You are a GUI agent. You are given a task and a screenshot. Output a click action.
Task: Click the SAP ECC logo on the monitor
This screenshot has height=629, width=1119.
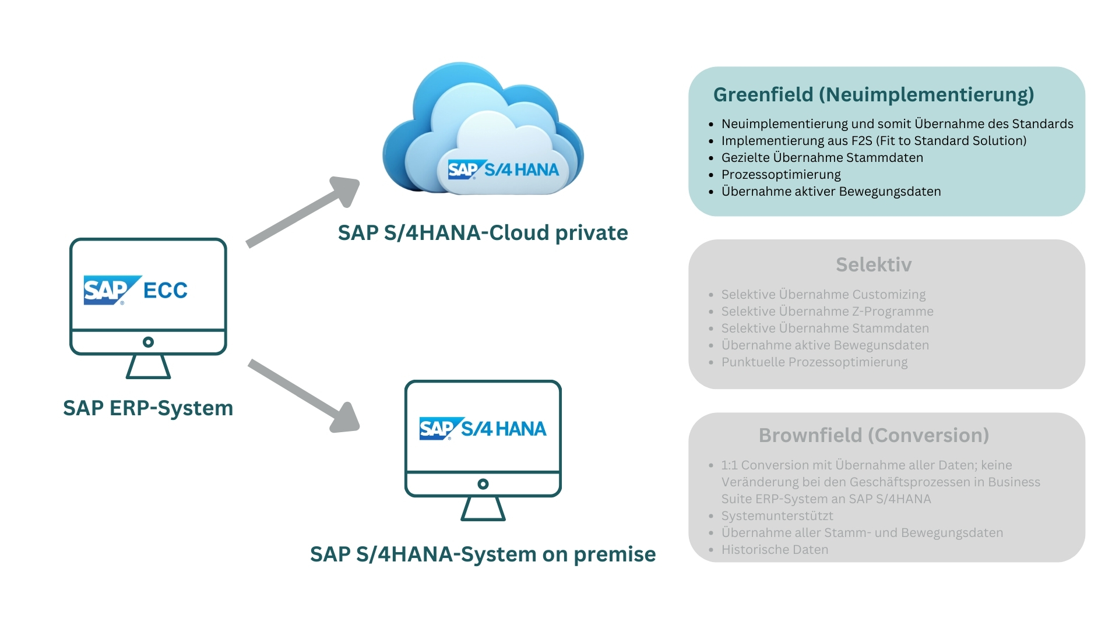coord(135,289)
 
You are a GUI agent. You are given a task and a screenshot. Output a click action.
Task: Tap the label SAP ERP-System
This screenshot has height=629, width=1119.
coord(148,408)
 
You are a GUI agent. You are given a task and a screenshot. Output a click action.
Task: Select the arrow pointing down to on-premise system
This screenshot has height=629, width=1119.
coord(303,396)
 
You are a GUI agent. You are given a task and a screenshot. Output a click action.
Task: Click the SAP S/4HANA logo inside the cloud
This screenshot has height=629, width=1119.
coord(503,169)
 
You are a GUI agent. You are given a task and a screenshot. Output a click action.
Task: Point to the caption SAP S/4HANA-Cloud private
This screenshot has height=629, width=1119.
coord(483,233)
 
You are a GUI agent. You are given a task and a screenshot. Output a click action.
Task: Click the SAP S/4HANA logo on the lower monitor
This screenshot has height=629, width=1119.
coord(483,429)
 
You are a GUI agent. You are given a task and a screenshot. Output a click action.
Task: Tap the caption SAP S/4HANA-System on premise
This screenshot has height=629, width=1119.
coord(483,554)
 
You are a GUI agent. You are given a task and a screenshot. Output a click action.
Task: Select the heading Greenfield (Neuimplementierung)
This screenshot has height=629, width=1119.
coord(873,94)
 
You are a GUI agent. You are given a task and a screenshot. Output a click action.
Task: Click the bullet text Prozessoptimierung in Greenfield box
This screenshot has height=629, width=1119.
coord(781,175)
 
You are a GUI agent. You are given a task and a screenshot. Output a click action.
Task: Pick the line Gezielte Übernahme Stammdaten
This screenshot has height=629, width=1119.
coord(822,158)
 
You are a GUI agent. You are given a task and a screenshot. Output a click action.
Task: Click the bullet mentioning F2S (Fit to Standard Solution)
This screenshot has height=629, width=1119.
coord(874,141)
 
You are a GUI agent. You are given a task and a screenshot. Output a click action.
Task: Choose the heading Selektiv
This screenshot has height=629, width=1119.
coord(874,265)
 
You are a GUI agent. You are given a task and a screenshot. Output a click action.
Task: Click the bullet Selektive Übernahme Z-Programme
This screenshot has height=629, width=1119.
coord(827,312)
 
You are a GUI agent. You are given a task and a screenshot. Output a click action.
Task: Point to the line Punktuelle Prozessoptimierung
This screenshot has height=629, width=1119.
coord(814,362)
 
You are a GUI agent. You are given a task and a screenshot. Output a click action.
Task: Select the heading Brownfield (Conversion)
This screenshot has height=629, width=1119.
coord(874,436)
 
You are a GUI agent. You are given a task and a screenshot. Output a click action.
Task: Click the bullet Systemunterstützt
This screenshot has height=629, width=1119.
coord(777,516)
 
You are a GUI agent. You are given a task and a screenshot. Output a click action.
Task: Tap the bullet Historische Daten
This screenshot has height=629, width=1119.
coord(775,550)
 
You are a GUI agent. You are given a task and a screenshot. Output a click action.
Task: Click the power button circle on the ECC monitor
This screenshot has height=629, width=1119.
coord(148,342)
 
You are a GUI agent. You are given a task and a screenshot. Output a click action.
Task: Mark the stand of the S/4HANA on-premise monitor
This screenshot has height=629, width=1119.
coord(483,508)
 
